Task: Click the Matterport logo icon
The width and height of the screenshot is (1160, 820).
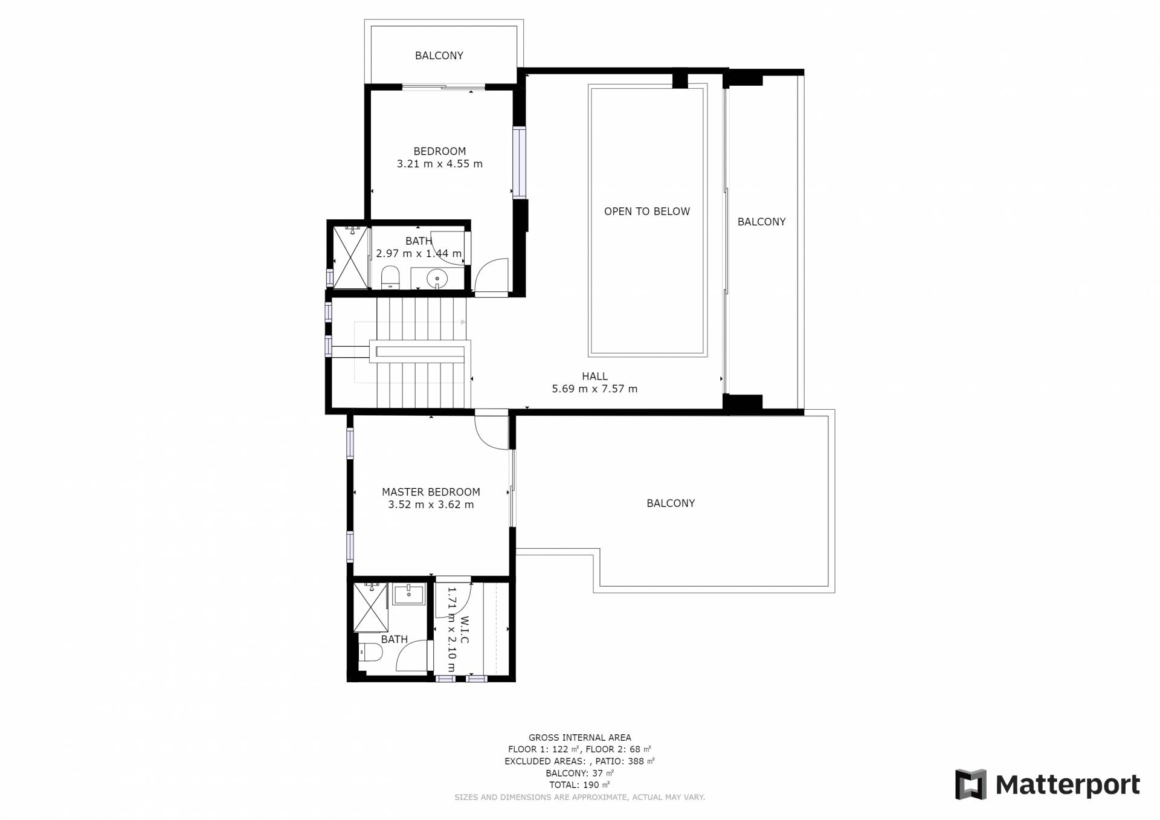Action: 970,784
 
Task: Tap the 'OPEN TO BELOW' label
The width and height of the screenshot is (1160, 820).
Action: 646,211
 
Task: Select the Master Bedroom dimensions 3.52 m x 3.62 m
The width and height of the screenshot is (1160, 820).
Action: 431,505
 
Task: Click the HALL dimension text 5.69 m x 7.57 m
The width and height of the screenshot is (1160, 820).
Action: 594,389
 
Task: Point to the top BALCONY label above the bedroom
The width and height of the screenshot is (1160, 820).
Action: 439,56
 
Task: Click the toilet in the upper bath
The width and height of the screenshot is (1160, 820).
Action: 390,277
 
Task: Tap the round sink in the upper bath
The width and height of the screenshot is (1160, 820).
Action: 436,279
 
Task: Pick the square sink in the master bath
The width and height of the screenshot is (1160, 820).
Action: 409,595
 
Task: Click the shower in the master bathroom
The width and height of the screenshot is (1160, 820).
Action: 370,607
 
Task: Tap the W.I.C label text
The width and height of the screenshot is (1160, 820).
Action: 465,630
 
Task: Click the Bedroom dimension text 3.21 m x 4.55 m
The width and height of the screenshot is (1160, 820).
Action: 440,164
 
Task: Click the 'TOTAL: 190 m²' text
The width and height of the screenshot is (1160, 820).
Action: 579,785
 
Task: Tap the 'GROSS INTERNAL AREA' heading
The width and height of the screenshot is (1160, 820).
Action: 580,737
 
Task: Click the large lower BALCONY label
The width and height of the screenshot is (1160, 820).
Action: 671,503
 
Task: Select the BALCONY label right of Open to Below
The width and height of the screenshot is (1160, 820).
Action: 761,222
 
